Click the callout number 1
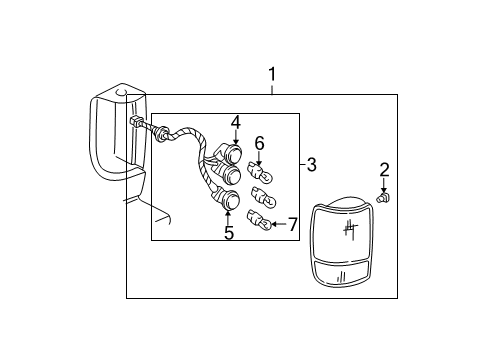click(x=273, y=75)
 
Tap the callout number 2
click(x=384, y=169)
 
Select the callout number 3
click(x=311, y=164)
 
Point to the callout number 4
click(x=236, y=123)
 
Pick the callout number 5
click(x=229, y=233)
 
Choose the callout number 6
click(x=259, y=143)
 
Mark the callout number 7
click(x=292, y=224)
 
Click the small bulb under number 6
click(x=259, y=171)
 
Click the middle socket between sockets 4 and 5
click(x=232, y=178)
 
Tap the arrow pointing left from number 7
click(x=277, y=224)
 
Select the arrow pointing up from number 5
click(x=229, y=217)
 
